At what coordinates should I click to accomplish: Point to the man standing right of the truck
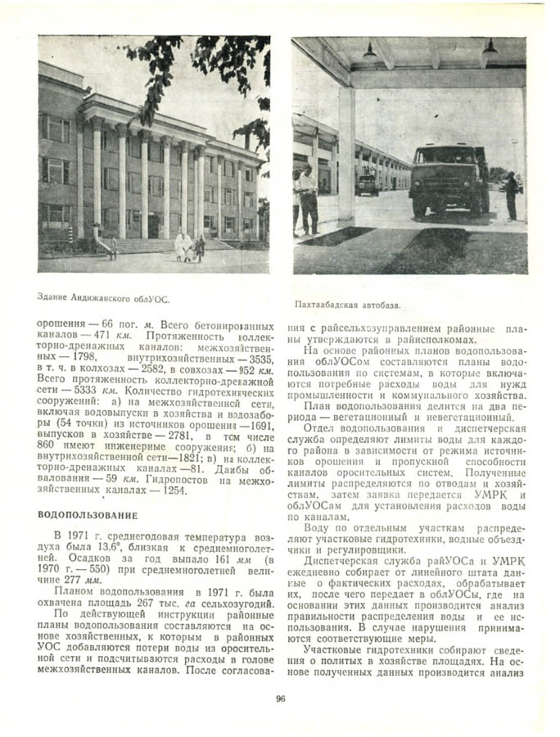point(511,195)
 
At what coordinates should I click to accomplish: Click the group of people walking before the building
point(187,246)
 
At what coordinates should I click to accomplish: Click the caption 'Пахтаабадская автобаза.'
point(347,305)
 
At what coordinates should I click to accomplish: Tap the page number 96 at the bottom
point(280,699)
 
